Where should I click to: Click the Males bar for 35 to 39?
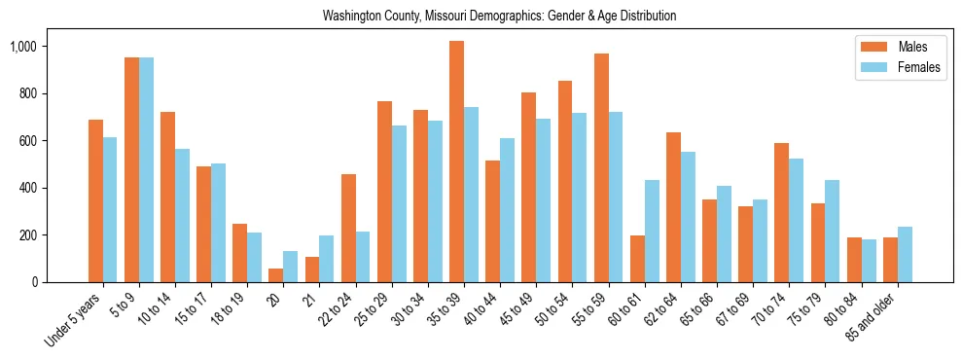pyautogui.click(x=456, y=162)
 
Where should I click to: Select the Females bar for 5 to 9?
pyautogui.click(x=146, y=170)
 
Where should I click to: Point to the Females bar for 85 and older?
pyautogui.click(x=905, y=255)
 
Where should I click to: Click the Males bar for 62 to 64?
pyautogui.click(x=673, y=207)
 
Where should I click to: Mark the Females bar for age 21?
pyautogui.click(x=327, y=259)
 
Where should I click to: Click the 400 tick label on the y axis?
pyautogui.click(x=53, y=188)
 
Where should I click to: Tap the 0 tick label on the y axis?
pyautogui.click(x=61, y=282)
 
